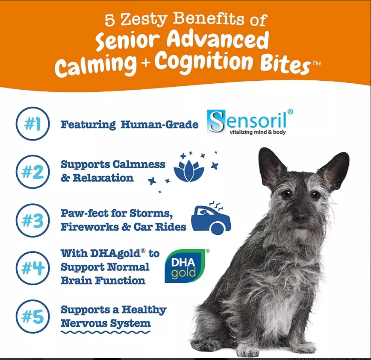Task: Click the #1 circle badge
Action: pyautogui.click(x=32, y=124)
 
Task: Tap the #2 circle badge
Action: pyautogui.click(x=32, y=172)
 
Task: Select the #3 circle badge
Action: pyautogui.click(x=32, y=221)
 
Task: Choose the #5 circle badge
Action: pyautogui.click(x=32, y=316)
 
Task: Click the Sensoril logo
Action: pyautogui.click(x=250, y=122)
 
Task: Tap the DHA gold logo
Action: pyautogui.click(x=185, y=266)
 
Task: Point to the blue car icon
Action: pyautogui.click(x=210, y=218)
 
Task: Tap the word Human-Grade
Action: pyautogui.click(x=159, y=125)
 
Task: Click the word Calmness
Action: pyautogui.click(x=138, y=164)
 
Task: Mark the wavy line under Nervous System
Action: pyautogui.click(x=105, y=332)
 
